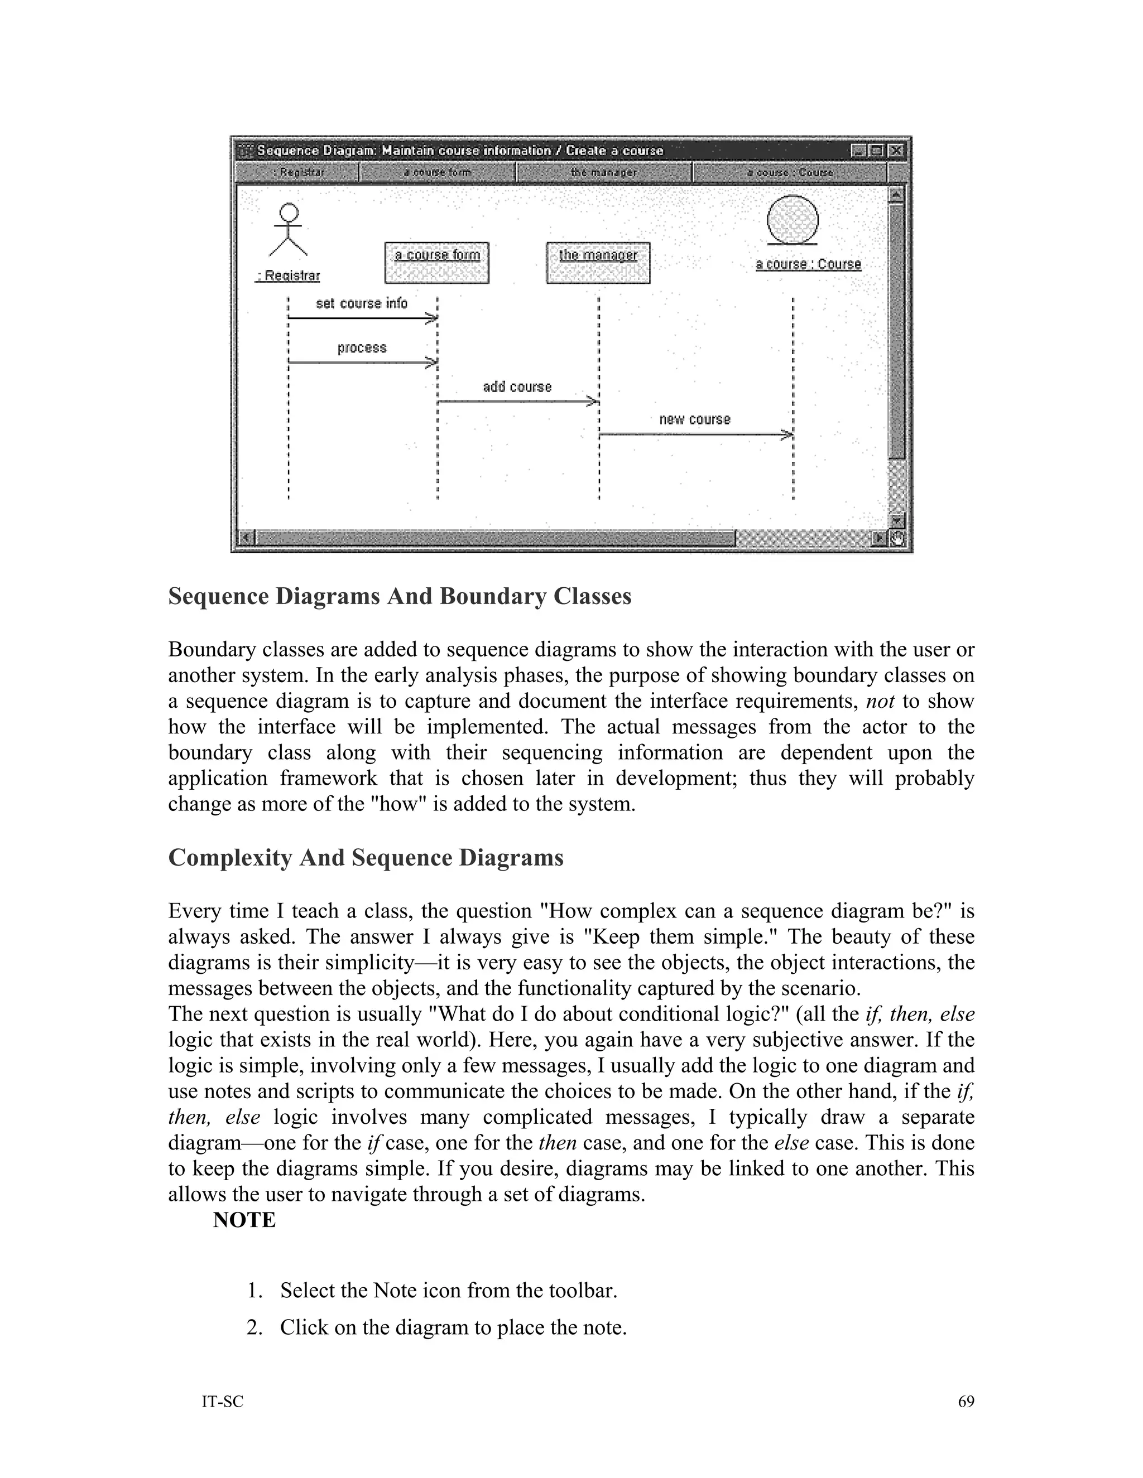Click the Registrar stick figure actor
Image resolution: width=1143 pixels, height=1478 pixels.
(289, 230)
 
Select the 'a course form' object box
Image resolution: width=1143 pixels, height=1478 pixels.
(437, 263)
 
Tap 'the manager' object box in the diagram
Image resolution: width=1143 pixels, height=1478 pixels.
(598, 263)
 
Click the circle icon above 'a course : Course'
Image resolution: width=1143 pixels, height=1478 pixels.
(793, 220)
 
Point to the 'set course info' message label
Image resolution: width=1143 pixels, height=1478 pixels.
(362, 303)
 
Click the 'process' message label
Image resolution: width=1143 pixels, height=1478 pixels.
(362, 348)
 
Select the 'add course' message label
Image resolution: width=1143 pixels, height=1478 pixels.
(517, 387)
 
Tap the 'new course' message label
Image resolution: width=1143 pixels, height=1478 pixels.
(695, 419)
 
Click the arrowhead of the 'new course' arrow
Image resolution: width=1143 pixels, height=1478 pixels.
(787, 434)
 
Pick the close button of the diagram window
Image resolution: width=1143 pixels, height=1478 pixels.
(895, 150)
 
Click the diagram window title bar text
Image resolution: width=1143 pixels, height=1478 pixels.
(460, 150)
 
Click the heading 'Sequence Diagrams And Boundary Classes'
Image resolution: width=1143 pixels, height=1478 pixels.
(400, 596)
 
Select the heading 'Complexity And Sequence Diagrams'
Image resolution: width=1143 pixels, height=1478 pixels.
(366, 857)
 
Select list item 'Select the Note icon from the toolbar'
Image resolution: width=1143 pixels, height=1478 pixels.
(448, 1291)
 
